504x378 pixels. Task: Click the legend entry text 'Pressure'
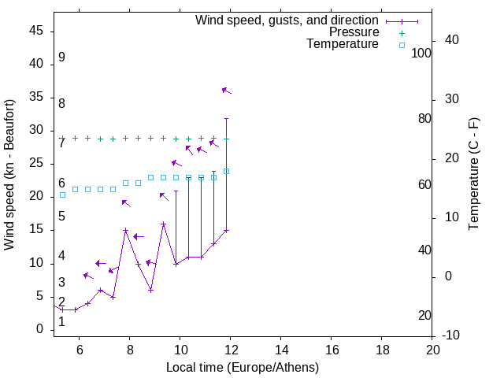pyautogui.click(x=354, y=32)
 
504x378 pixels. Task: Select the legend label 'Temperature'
pyautogui.click(x=343, y=45)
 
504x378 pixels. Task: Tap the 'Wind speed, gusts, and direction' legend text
pyautogui.click(x=287, y=20)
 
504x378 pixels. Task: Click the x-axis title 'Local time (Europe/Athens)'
pyautogui.click(x=243, y=367)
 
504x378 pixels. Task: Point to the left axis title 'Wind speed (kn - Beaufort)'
pyautogui.click(x=9, y=175)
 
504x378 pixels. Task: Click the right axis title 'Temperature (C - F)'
pyautogui.click(x=473, y=175)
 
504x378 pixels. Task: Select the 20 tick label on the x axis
pyautogui.click(x=432, y=349)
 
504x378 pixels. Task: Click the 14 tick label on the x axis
pyautogui.click(x=281, y=349)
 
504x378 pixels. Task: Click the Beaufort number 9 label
pyautogui.click(x=61, y=57)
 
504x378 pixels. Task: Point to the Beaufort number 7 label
pyautogui.click(x=61, y=143)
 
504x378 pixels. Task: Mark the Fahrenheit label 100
pyautogui.click(x=422, y=54)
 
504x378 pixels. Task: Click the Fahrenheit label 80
pyautogui.click(x=424, y=119)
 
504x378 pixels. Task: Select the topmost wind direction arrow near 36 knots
pyautogui.click(x=226, y=91)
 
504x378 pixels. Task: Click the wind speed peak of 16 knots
pyautogui.click(x=163, y=224)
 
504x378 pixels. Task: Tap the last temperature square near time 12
pyautogui.click(x=226, y=171)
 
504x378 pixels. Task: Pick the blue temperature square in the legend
pyautogui.click(x=402, y=45)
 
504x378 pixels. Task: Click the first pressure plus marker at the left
pyautogui.click(x=63, y=139)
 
